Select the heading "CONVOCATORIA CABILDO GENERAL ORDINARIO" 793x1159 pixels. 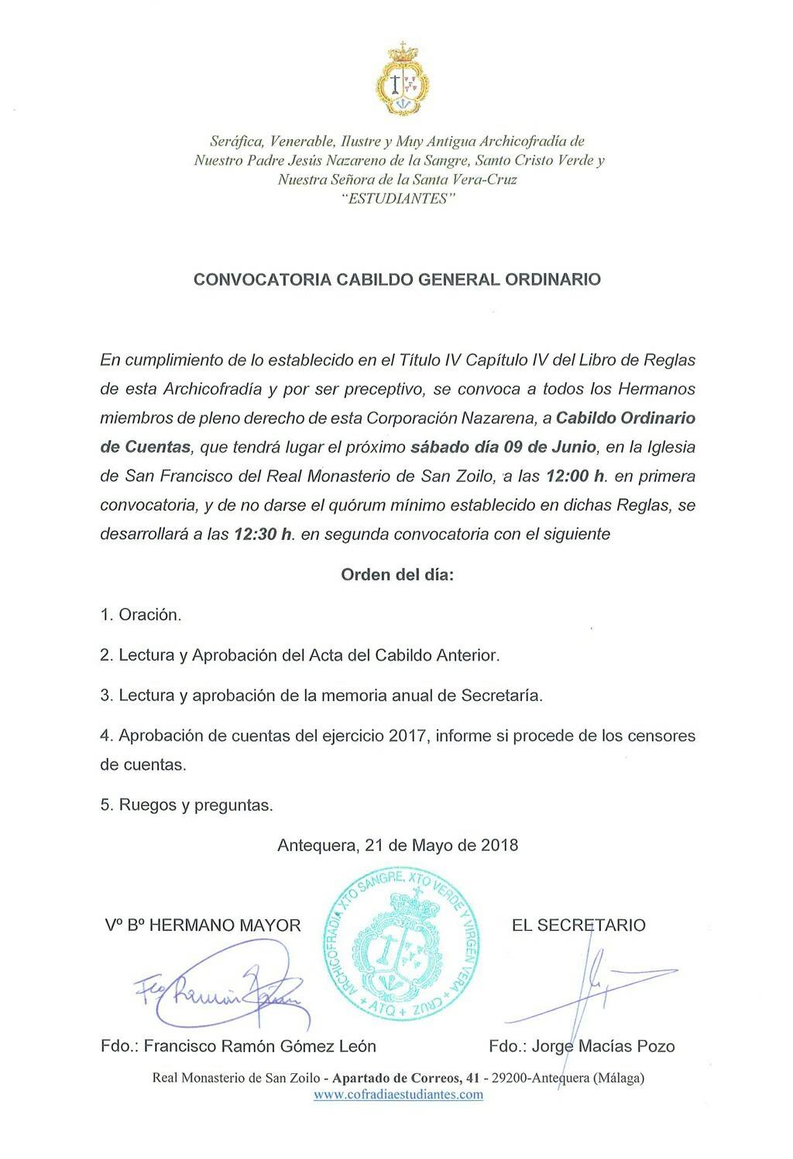click(396, 279)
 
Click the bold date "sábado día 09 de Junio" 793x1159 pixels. click(503, 447)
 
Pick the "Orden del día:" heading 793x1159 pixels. click(397, 575)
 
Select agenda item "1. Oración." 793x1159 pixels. click(140, 615)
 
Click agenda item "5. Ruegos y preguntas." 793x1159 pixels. click(187, 805)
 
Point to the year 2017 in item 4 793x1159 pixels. click(408, 736)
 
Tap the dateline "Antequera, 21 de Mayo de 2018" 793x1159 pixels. click(397, 845)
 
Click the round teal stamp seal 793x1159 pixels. click(402, 945)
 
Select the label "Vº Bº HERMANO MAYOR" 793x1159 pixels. click(203, 925)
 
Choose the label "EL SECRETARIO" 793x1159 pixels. click(578, 925)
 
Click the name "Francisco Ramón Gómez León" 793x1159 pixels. click(259, 1046)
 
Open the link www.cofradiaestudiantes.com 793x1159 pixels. click(398, 1094)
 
